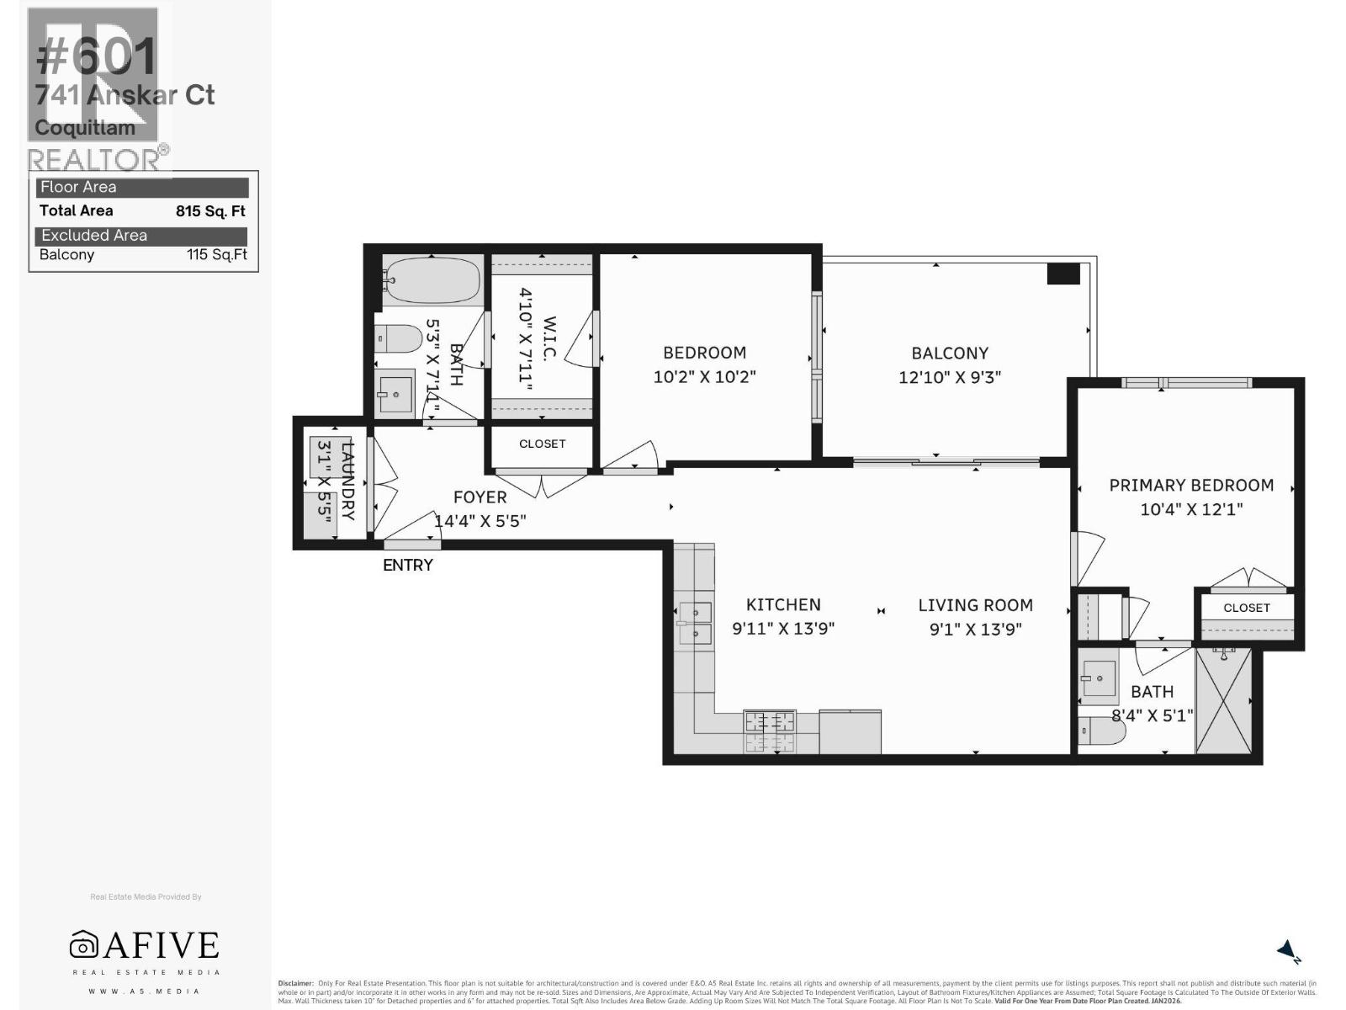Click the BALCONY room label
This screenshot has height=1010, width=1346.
950,353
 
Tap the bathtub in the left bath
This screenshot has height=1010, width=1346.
432,280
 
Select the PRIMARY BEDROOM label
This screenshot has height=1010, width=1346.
1190,486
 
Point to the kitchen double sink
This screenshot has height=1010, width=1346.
696,623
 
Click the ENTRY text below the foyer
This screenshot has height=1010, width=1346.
408,566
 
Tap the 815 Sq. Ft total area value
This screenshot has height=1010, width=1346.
210,211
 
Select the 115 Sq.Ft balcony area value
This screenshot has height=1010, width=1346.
217,255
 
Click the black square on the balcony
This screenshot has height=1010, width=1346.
1063,274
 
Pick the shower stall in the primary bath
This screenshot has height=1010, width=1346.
1223,700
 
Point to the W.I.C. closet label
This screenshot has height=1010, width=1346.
549,339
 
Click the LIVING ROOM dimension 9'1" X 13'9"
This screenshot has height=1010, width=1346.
975,629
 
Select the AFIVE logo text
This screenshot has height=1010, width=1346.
160,945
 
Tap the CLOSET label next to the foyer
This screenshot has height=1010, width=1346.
542,444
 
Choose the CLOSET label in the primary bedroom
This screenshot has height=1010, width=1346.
1246,608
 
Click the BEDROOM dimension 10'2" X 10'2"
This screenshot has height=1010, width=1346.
704,377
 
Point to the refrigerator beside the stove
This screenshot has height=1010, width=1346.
850,731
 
